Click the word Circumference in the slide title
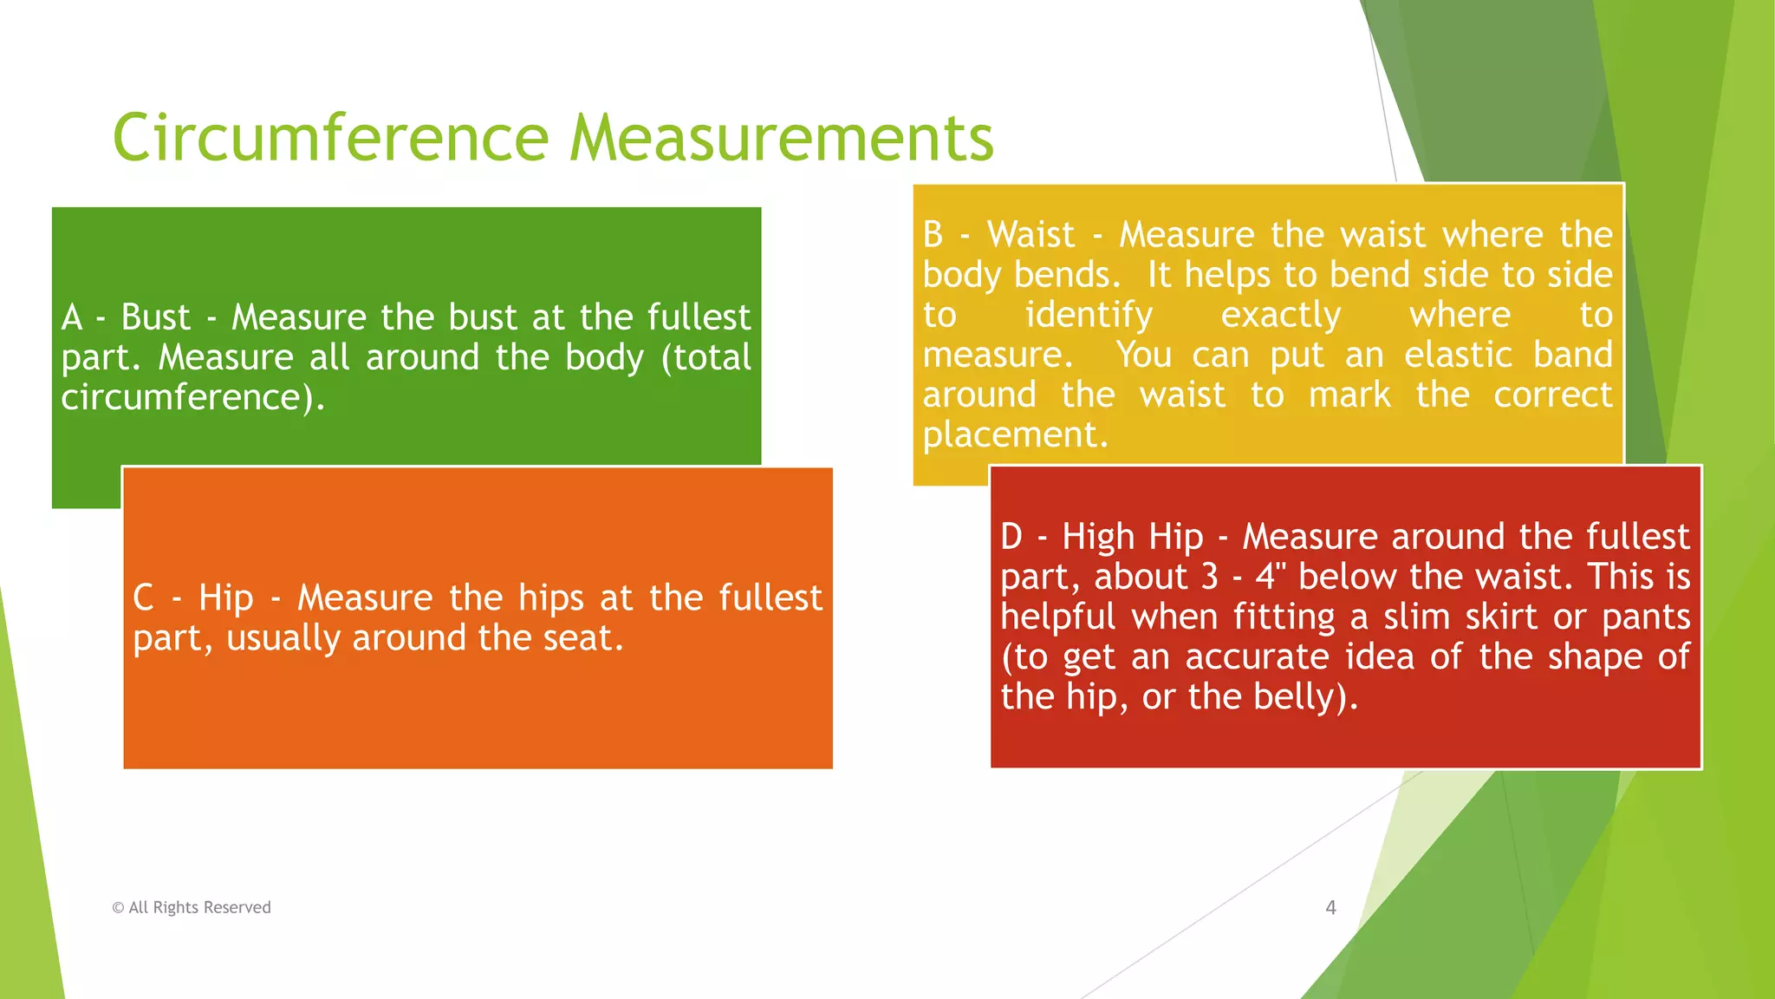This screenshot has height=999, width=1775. pos(330,138)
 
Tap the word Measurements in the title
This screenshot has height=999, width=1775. pos(782,138)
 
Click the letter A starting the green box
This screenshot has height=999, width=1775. pos(72,317)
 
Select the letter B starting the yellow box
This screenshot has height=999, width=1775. pos(933,235)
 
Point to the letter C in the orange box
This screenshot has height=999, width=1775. pos(144,597)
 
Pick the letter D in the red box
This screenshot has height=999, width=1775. pos(1011,537)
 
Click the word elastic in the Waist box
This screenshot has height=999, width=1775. pos(1459,355)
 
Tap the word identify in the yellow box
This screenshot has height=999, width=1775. pos(1089,316)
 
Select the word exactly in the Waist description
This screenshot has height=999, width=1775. pos(1281,316)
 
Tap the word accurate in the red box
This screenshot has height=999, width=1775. pos(1257,656)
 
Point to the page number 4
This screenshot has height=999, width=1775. pos(1330,908)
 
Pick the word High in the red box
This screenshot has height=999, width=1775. pos(1098,537)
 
